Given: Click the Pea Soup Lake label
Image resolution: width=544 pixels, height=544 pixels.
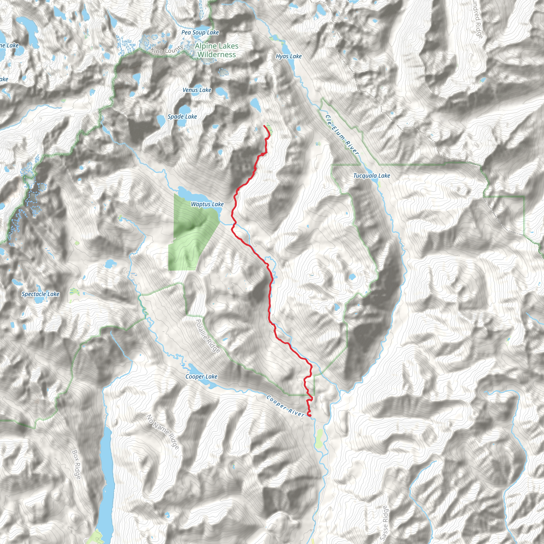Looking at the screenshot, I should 200,32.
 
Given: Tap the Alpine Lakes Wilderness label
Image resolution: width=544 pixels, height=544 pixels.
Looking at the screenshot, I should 216,50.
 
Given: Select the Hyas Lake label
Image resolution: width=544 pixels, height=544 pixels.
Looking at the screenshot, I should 289,56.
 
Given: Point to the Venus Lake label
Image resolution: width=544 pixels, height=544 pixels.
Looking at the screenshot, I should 197,90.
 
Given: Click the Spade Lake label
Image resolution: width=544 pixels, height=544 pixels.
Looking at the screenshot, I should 182,117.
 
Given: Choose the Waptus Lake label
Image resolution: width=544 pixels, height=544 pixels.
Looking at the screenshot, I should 207,204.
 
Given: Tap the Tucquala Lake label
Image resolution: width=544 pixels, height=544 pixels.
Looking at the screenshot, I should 371,176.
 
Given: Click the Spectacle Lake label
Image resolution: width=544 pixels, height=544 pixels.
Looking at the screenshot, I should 41,294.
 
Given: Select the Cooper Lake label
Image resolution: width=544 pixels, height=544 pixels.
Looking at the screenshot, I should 201,376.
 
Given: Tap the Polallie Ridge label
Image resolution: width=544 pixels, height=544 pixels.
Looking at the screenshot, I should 207,336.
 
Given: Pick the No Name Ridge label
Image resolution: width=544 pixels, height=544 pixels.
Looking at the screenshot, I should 163,432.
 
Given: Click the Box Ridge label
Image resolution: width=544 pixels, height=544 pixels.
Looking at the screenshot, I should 76,464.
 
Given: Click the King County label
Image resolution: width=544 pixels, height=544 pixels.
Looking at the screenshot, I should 167,50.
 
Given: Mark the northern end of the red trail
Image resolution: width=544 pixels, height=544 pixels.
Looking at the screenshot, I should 264,126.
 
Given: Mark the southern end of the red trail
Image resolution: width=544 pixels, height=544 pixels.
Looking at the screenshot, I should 309,415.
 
